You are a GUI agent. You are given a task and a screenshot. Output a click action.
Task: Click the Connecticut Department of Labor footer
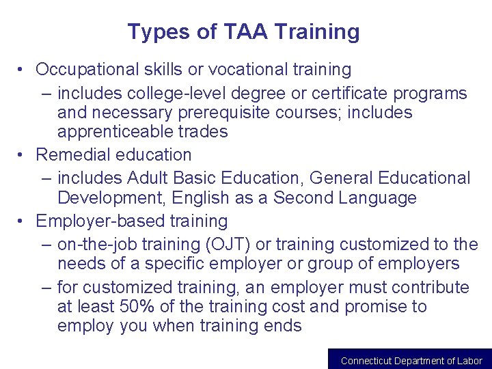click(411, 360)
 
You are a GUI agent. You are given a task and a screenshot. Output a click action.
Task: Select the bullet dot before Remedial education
click(23, 155)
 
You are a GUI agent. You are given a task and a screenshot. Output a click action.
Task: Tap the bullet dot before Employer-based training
click(23, 221)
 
